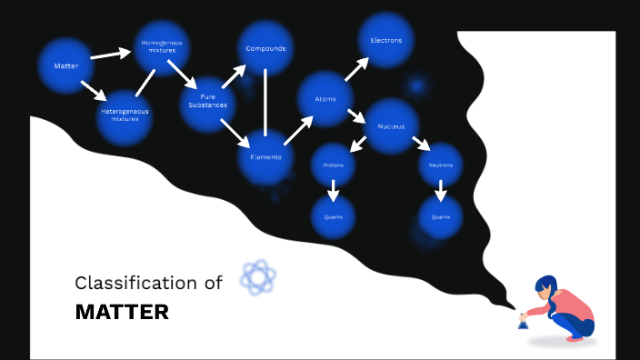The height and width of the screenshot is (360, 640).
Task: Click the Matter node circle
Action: tap(65, 65)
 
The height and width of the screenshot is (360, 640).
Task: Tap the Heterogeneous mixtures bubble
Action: tap(125, 116)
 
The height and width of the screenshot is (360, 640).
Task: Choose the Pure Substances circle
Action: tap(207, 102)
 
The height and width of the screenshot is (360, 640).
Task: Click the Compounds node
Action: tap(265, 48)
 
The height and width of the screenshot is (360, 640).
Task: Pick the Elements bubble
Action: tap(265, 156)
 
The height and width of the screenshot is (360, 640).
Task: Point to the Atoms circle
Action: tap(325, 98)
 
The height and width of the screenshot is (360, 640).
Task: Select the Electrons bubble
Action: tap(386, 40)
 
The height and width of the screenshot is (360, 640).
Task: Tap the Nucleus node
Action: tap(391, 125)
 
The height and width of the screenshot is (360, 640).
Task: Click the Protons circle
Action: tap(333, 165)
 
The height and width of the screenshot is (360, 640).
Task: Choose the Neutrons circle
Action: tap(441, 165)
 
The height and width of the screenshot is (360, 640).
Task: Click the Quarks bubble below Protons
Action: tap(333, 217)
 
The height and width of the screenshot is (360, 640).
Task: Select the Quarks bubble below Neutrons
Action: tap(441, 217)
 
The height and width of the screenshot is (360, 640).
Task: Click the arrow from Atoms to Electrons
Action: tap(355, 70)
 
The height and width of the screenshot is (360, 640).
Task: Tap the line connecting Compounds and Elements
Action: tap(265, 102)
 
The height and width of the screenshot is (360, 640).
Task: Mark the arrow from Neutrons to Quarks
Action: tap(441, 191)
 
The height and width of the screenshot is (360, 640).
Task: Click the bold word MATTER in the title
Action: tap(122, 313)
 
